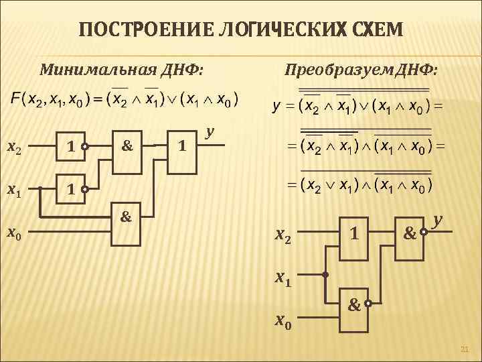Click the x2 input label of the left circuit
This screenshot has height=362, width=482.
pos(14,146)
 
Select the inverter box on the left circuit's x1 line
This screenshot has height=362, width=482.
pos(70,189)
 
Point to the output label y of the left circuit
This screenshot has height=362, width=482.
pos(210,132)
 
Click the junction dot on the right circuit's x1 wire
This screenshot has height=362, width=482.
pos(325,275)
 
